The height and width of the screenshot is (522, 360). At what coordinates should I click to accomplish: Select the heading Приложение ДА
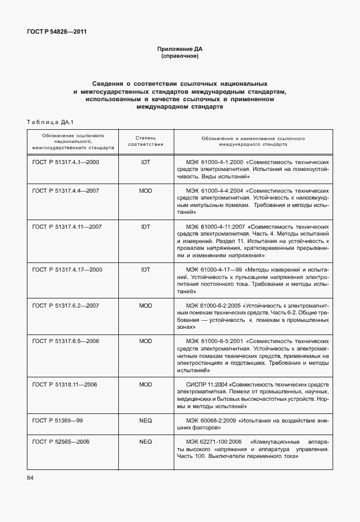(180, 50)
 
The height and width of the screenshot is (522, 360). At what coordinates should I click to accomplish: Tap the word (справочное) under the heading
(180, 57)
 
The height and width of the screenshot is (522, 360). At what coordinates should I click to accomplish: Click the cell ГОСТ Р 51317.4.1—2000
(66, 162)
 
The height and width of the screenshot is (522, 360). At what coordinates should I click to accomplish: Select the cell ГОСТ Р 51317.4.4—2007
(66, 190)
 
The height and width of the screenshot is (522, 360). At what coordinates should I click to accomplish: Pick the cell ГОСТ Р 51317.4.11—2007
(67, 227)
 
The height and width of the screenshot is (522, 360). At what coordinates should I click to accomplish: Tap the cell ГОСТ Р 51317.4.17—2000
(67, 269)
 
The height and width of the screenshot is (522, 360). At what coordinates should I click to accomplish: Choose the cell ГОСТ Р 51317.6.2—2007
(66, 306)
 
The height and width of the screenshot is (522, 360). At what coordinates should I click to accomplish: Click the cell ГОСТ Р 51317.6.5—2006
(66, 341)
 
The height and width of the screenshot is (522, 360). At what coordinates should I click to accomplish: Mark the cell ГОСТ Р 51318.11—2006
(65, 384)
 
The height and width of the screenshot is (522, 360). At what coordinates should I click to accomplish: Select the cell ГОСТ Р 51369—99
(58, 420)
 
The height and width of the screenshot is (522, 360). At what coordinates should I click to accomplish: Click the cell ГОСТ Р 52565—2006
(61, 442)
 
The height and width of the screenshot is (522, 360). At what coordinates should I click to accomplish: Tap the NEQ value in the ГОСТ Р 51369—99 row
(145, 420)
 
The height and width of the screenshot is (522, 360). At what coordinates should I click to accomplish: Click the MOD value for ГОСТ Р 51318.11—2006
(145, 384)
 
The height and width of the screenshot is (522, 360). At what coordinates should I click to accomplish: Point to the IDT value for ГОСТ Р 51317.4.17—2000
(145, 269)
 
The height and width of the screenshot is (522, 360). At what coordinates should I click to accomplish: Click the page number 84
(30, 477)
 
